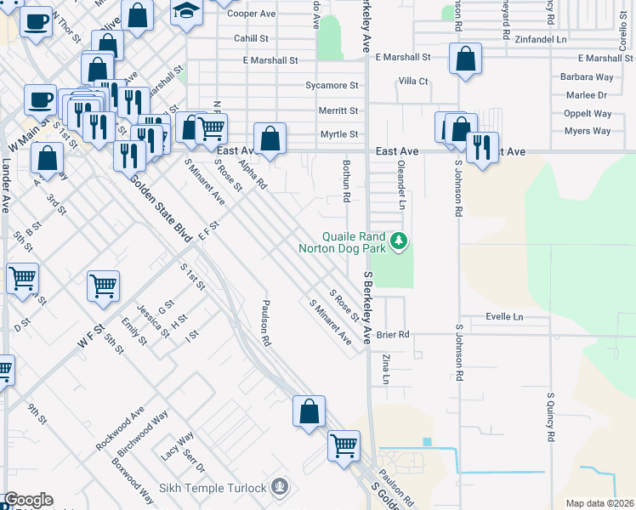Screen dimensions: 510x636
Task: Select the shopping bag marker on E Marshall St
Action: (464, 59)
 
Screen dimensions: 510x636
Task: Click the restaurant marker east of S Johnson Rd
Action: (482, 147)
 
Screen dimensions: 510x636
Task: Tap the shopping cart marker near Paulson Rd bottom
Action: (344, 445)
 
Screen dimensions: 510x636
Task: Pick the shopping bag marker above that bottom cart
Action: (309, 411)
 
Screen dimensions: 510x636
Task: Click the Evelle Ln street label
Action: (504, 316)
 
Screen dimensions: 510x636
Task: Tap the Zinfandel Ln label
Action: (539, 39)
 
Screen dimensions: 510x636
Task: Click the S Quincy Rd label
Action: (551, 417)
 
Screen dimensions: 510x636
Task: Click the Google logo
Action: (28, 500)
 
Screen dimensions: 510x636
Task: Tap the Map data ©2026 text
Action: (600, 503)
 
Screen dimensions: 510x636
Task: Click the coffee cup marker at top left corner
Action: (35, 22)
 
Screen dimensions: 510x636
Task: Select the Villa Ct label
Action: (413, 82)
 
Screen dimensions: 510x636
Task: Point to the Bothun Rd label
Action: (347, 181)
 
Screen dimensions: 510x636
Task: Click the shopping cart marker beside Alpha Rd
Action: (211, 128)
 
